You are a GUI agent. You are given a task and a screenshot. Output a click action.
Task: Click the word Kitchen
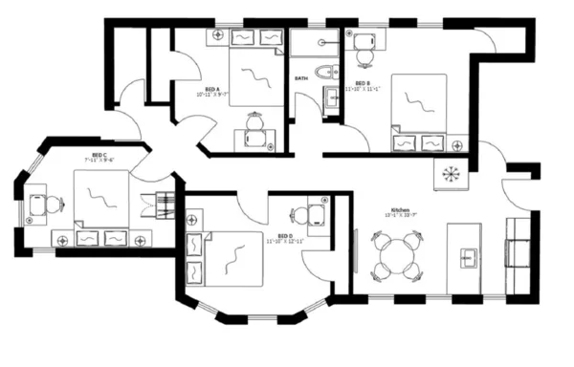point(400,209)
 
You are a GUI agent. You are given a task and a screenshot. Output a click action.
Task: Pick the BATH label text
point(300,77)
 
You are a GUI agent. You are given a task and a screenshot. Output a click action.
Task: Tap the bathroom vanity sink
point(332,97)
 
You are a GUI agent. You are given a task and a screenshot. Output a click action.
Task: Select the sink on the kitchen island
point(469,256)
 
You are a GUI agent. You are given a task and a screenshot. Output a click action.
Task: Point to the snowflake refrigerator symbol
point(449,174)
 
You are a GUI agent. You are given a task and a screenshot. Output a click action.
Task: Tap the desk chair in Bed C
point(53,204)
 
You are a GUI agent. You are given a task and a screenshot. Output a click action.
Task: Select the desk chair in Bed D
point(300,216)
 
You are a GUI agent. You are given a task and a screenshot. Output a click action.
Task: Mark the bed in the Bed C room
point(100,197)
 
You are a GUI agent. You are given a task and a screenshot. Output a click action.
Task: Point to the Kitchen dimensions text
point(400,216)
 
